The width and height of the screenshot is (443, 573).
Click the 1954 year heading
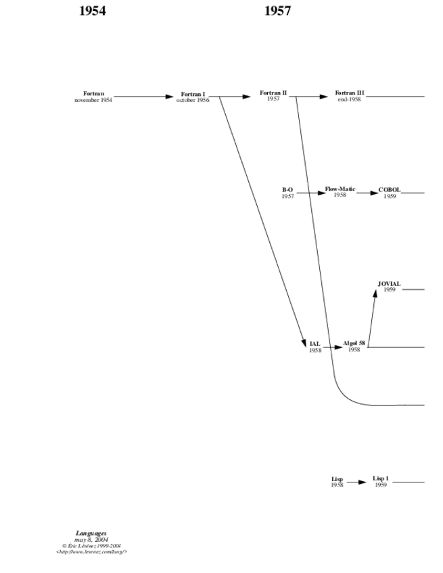(93, 10)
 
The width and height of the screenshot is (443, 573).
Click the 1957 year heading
(277, 10)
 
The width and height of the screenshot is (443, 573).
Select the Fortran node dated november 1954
(93, 96)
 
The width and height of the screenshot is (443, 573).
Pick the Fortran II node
(273, 95)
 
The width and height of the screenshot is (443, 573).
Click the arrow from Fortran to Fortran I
(142, 97)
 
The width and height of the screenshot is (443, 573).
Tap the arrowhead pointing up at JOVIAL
(375, 293)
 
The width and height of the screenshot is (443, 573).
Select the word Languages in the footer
(91, 534)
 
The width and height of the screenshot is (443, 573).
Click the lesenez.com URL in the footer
(91, 552)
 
